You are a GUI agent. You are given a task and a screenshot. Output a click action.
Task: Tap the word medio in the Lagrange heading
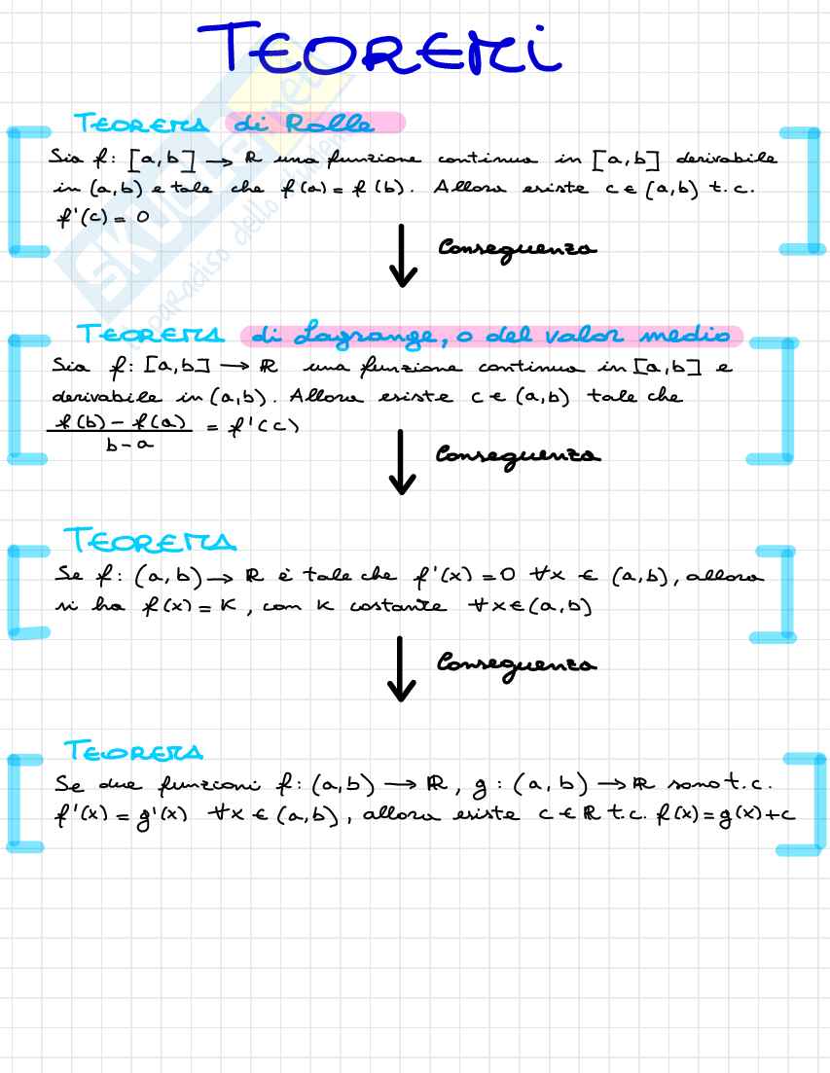pyautogui.click(x=685, y=336)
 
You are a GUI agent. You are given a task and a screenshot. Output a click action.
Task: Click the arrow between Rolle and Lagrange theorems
pyautogui.click(x=401, y=256)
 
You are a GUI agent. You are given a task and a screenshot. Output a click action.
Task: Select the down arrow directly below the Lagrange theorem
pyautogui.click(x=401, y=461)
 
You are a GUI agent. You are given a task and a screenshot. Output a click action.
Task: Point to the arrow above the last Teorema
pyautogui.click(x=401, y=668)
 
